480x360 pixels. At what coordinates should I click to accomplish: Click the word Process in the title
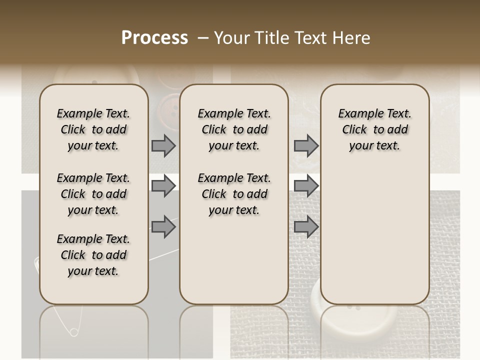click(x=154, y=38)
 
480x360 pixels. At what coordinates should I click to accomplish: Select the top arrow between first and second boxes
click(x=163, y=145)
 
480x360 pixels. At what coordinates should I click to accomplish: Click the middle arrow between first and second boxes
click(x=163, y=186)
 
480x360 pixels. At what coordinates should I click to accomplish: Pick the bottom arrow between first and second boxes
click(x=163, y=227)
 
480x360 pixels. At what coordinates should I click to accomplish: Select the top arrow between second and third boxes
click(x=306, y=145)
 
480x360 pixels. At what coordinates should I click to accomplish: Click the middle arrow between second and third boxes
click(x=306, y=186)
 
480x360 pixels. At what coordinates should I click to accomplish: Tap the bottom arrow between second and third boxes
click(x=306, y=227)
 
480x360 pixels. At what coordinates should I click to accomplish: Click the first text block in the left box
click(x=93, y=129)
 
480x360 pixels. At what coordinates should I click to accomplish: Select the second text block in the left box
click(x=93, y=194)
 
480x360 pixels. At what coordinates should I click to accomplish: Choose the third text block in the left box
click(x=93, y=255)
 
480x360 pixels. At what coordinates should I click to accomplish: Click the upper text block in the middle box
click(x=234, y=129)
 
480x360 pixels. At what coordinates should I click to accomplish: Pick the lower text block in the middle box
click(x=234, y=194)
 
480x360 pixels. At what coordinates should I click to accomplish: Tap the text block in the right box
click(x=374, y=129)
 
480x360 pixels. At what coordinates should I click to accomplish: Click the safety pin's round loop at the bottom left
click(x=73, y=332)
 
